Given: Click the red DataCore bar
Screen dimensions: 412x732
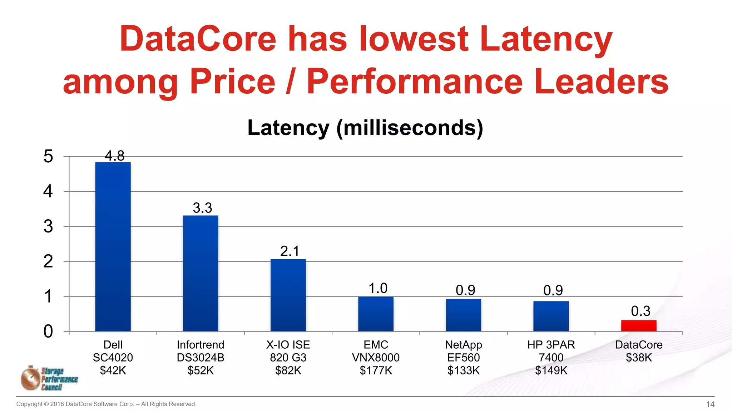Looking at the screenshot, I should (x=638, y=326).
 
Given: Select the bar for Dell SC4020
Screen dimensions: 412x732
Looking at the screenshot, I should (x=113, y=247).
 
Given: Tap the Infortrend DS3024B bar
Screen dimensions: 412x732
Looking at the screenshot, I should (x=201, y=274).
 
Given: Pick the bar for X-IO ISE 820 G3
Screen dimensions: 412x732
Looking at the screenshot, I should (x=288, y=295).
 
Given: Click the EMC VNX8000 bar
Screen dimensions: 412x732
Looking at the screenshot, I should (x=376, y=314).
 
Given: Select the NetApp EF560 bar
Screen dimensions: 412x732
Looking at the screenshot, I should (x=463, y=315).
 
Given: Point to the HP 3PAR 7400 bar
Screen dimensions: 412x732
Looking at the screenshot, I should (x=551, y=316).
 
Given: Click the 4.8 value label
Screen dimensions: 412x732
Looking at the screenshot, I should (x=114, y=156).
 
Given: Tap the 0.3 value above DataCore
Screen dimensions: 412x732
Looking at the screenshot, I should (x=640, y=311).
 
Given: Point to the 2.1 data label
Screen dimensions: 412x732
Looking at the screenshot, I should (x=290, y=251).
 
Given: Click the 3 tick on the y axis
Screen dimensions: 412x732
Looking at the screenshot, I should (x=48, y=226).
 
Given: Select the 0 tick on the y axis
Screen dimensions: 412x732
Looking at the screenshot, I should (x=48, y=332).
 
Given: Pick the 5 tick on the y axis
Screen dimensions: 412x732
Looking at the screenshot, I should (x=48, y=156).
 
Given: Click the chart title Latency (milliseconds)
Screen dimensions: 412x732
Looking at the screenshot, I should (x=365, y=128).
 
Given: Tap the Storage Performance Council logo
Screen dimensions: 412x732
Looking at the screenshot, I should (x=49, y=378).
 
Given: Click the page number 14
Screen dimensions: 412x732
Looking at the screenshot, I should (x=710, y=404).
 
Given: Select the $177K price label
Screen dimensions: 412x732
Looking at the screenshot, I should (x=376, y=371).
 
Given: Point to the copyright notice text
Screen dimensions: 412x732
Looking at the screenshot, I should (x=106, y=404).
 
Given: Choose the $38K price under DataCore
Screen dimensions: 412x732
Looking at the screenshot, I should (x=639, y=358).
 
